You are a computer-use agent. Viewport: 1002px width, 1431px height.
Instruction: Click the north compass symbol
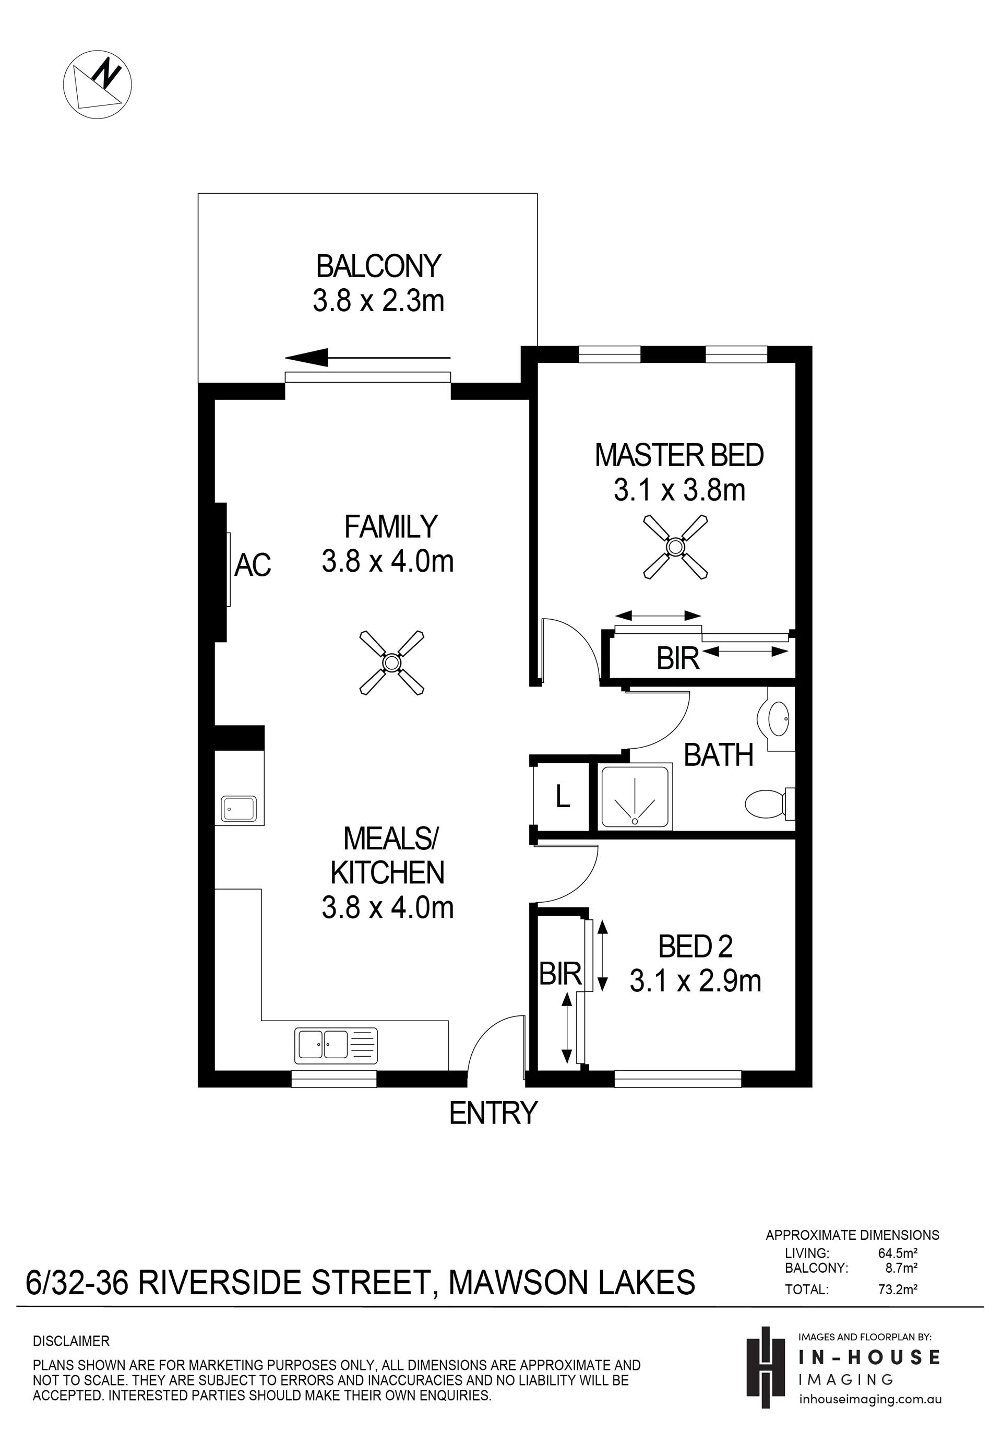97,84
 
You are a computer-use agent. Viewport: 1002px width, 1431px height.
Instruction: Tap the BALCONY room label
378,266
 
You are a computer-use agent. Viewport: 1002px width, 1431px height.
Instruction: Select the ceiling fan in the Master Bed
675,547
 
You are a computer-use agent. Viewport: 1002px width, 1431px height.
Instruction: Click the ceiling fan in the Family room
391,663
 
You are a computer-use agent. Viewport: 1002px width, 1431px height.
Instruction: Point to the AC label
253,565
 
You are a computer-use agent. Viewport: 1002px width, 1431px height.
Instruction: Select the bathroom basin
778,718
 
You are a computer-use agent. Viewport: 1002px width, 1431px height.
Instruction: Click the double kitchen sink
336,1045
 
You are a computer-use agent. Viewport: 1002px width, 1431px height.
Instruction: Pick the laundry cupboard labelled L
562,797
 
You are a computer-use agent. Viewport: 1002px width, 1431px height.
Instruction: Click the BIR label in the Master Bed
678,658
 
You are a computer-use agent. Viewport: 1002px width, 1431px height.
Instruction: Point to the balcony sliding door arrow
367,358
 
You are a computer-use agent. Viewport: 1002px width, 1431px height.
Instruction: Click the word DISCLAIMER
71,1341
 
